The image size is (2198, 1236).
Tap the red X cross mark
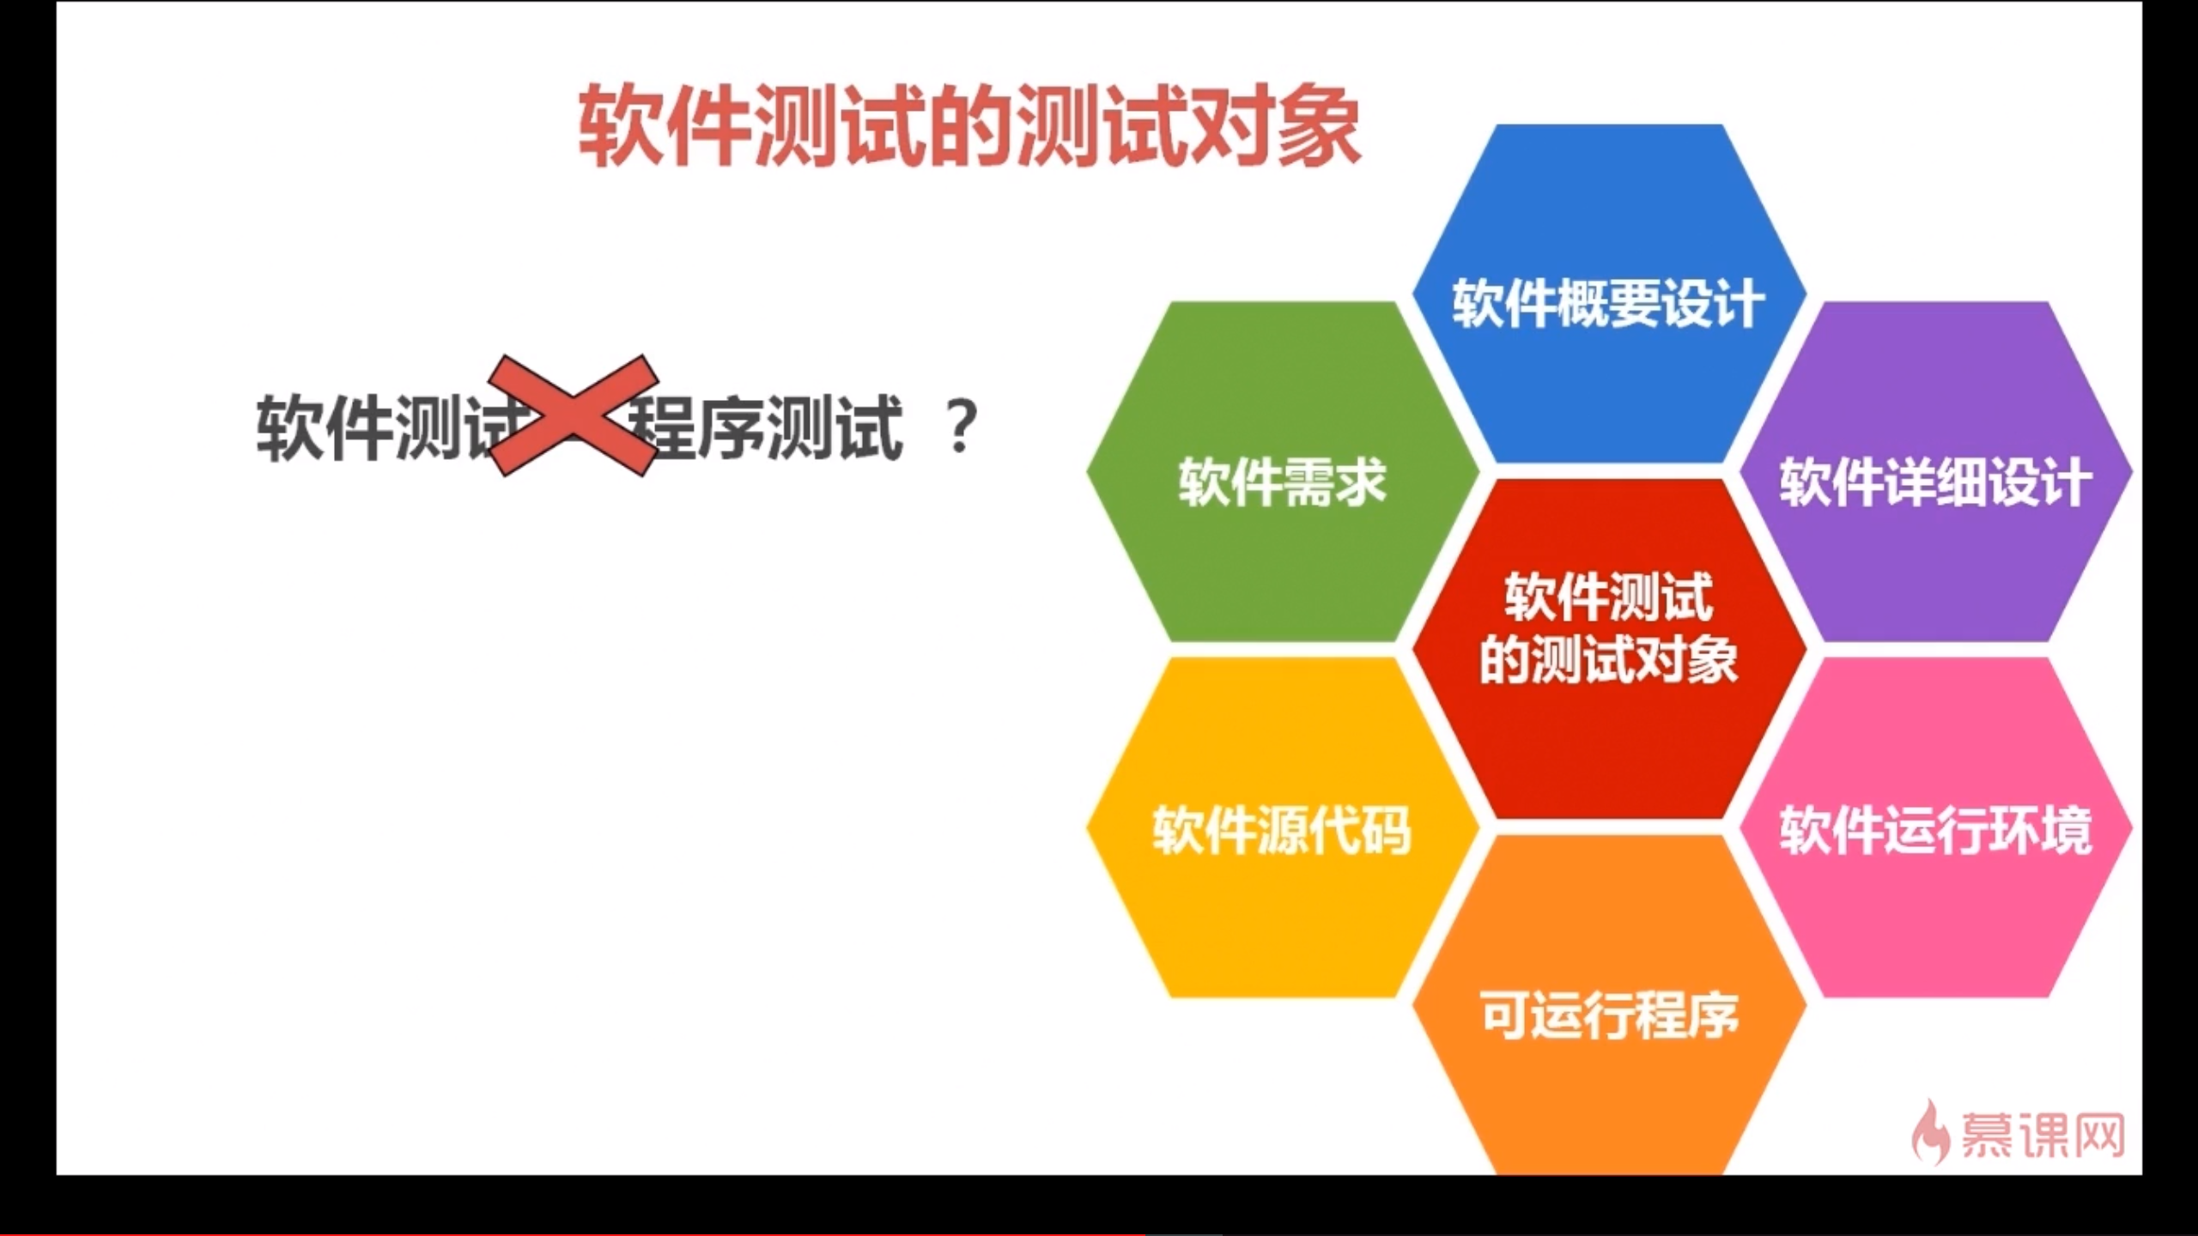tap(573, 415)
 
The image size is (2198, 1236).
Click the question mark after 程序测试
tap(960, 427)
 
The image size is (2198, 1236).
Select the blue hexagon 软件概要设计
tap(1609, 296)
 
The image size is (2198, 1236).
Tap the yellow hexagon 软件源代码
tap(1283, 829)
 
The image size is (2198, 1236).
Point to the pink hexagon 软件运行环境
tap(1935, 829)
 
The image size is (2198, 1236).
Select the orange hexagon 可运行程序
tap(1609, 1013)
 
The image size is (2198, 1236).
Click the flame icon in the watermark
tap(1930, 1133)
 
